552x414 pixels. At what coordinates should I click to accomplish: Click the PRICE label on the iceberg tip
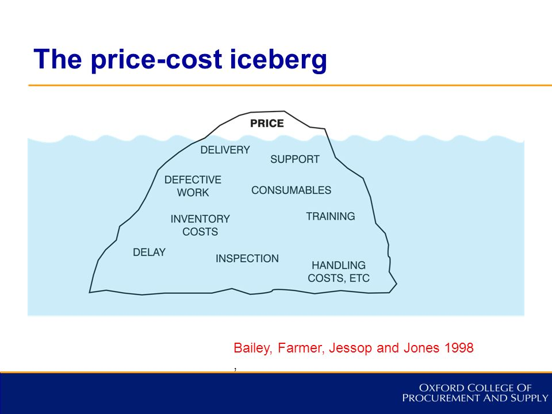pyautogui.click(x=267, y=123)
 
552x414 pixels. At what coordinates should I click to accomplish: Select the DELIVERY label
pyautogui.click(x=225, y=150)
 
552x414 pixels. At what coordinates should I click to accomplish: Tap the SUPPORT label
pyautogui.click(x=295, y=159)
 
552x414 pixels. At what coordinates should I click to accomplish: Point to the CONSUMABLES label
pyautogui.click(x=291, y=190)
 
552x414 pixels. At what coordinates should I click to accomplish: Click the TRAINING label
pyautogui.click(x=331, y=216)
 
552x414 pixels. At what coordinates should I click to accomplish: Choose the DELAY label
pyautogui.click(x=149, y=252)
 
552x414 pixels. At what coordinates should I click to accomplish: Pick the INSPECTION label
pyautogui.click(x=247, y=258)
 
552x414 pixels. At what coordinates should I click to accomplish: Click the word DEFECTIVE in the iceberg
pyautogui.click(x=193, y=179)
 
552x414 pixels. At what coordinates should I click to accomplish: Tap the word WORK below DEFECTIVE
pyautogui.click(x=193, y=193)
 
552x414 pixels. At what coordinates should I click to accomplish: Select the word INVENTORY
pyautogui.click(x=200, y=219)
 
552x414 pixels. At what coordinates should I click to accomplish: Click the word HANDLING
pyautogui.click(x=339, y=265)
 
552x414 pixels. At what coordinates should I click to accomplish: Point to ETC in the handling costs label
pyautogui.click(x=359, y=278)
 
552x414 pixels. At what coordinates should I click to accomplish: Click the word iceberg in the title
pyautogui.click(x=278, y=60)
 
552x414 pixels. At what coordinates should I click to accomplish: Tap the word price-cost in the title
pyautogui.click(x=156, y=60)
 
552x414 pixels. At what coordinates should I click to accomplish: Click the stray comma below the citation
pyautogui.click(x=235, y=369)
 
